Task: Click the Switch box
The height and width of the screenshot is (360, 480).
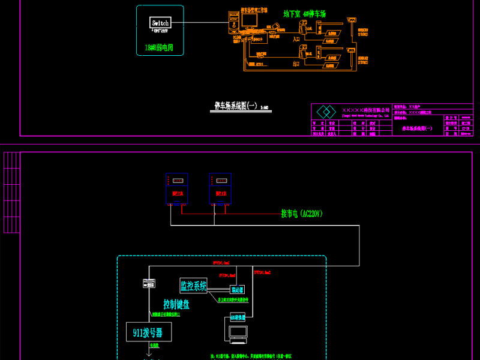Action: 160,23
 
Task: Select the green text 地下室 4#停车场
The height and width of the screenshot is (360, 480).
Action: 304,13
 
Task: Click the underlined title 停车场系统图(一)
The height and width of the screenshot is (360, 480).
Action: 236,106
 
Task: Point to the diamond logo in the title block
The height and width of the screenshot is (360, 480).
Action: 326,112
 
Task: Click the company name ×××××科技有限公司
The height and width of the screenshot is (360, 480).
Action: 365,110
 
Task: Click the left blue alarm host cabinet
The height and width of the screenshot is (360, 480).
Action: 176,188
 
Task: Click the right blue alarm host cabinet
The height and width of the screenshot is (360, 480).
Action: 220,188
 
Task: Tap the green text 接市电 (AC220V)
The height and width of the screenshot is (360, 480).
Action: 302,214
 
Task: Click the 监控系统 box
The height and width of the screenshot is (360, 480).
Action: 193,286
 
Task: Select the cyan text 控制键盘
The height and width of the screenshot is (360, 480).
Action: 176,304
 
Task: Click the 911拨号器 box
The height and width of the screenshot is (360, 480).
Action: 148,332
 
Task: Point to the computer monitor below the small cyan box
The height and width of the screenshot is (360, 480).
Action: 238,332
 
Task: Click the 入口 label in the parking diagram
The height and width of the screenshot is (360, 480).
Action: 296,39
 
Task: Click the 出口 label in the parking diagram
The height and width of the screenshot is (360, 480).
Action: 296,62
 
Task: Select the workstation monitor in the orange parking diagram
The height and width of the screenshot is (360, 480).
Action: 248,20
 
